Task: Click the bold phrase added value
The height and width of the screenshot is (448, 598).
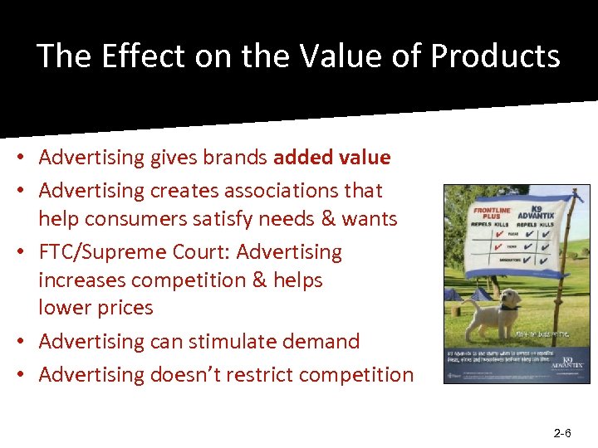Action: pyautogui.click(x=331, y=157)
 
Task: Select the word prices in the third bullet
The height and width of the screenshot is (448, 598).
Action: pyautogui.click(x=120, y=307)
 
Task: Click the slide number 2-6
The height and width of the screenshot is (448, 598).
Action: pyautogui.click(x=561, y=433)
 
